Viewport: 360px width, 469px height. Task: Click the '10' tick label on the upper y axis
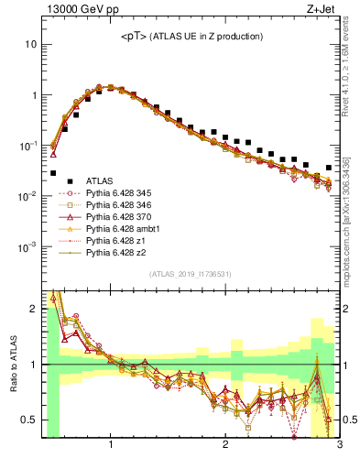(x=31, y=44)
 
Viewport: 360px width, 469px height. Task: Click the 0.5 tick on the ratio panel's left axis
(x=29, y=420)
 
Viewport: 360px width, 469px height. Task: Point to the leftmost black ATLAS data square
(x=53, y=172)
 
